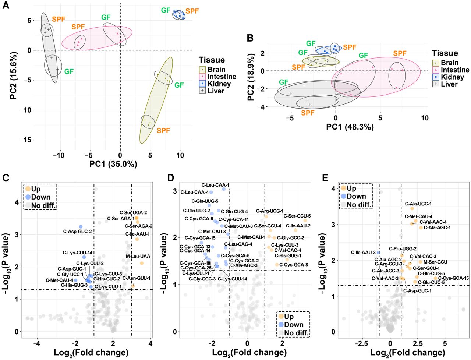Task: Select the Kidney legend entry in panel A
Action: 219,84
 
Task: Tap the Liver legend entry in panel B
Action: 449,84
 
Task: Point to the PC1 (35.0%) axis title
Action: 113,164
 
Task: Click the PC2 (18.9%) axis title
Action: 251,78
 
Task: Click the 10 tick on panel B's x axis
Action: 425,118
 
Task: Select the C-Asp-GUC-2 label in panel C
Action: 77,232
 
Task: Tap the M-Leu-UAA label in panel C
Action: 138,257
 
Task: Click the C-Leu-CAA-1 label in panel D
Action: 215,185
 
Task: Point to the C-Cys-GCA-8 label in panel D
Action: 294,265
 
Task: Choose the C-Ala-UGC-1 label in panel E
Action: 418,204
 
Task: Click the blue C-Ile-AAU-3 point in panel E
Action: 378,253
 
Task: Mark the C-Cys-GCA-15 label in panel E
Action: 453,278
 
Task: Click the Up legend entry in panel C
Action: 36,189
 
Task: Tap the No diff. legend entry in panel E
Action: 359,205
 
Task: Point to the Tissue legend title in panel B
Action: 445,53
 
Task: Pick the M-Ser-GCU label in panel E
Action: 435,262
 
